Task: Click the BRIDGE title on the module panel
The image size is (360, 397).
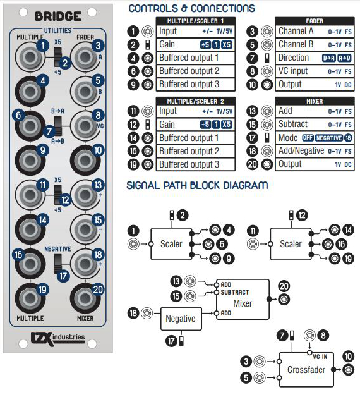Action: pos(58,16)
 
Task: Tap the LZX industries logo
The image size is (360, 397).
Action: pos(57,339)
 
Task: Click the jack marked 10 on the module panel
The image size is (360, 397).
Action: pos(85,160)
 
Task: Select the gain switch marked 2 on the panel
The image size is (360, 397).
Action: pos(58,57)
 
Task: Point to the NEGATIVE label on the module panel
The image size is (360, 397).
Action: pos(57,249)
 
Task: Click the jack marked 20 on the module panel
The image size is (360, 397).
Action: pos(85,299)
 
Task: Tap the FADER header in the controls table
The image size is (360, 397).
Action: pos(315,21)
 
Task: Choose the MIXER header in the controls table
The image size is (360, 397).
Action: pos(315,101)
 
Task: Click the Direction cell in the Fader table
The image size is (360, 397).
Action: pos(315,58)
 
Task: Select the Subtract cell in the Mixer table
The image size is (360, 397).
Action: pos(315,125)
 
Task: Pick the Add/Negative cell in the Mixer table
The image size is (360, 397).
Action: pos(315,151)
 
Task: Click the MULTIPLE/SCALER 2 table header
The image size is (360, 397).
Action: pos(195,101)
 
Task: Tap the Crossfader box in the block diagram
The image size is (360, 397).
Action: pos(306,370)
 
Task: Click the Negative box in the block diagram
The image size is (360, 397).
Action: pos(181,319)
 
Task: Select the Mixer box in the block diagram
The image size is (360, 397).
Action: pos(243,299)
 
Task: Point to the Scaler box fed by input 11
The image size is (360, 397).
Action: pos(291,244)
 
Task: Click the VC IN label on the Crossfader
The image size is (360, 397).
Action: pos(320,357)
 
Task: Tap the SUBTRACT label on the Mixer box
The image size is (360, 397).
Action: pos(235,293)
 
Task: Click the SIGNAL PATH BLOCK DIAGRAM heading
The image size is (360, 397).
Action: pos(197,185)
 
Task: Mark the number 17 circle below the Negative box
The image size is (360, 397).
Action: pos(171,341)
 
